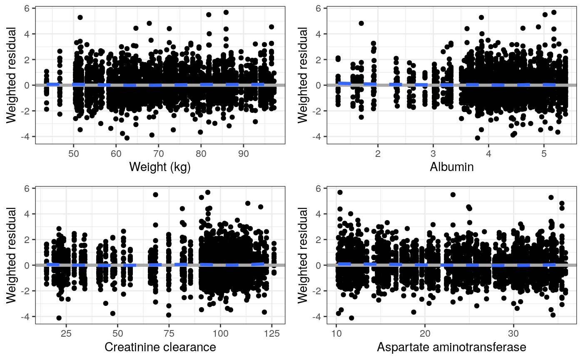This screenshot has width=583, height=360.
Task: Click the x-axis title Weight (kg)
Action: tap(160, 167)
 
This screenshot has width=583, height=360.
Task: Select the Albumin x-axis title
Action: tap(452, 167)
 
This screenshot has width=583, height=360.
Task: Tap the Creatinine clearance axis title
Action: tap(160, 347)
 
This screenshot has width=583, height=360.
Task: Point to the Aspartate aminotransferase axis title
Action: tap(452, 347)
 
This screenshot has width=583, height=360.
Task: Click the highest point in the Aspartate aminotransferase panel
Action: tap(340, 192)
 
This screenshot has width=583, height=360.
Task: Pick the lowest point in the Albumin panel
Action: tap(477, 138)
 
